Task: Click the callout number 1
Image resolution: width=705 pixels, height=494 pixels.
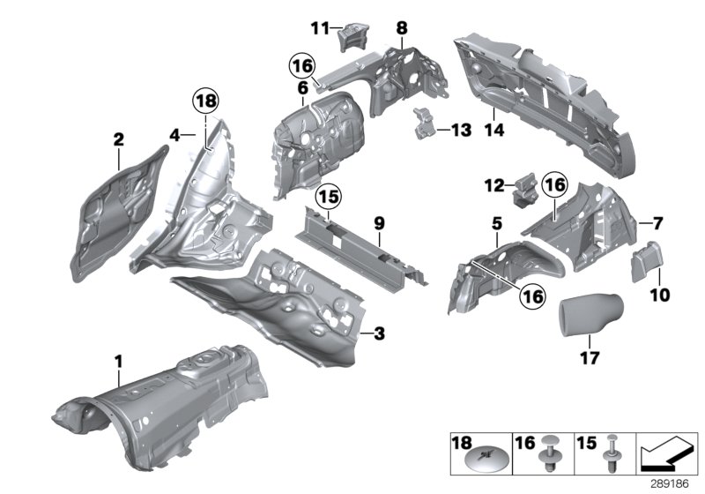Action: tap(118, 361)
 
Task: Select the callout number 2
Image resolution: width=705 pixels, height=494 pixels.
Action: tap(118, 138)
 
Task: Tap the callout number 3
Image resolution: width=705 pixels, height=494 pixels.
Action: tap(379, 333)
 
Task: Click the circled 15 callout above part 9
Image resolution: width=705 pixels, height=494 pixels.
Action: tap(329, 193)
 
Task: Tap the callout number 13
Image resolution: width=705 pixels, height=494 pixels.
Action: tap(461, 130)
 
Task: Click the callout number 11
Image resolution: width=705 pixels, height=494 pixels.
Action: tap(318, 28)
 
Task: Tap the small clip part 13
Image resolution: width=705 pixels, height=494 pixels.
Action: tap(425, 123)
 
